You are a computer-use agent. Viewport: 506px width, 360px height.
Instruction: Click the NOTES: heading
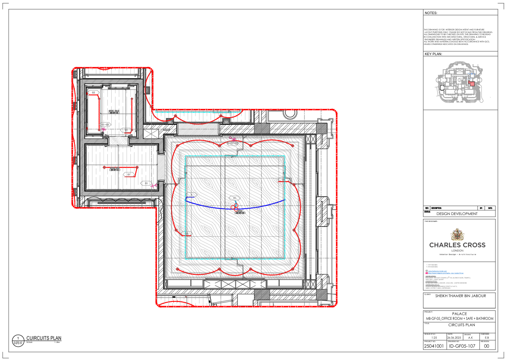(431, 13)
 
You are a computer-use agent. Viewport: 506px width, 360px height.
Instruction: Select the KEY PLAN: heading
(433, 54)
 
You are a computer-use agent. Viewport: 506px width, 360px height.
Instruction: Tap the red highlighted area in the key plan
(471, 84)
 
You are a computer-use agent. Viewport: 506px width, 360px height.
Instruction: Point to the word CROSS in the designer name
(474, 245)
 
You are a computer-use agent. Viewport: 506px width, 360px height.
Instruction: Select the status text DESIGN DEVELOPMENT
(457, 214)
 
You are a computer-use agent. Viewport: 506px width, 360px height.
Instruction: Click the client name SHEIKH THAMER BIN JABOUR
(460, 295)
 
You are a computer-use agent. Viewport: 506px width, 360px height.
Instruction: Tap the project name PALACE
(460, 314)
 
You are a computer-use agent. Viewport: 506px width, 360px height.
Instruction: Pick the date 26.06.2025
(453, 337)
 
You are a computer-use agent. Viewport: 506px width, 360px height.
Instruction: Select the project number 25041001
(434, 346)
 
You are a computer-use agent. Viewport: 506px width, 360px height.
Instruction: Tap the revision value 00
(486, 346)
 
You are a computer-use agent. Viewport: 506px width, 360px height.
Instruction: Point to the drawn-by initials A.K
(470, 337)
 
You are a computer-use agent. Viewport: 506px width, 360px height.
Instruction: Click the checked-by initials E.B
(487, 337)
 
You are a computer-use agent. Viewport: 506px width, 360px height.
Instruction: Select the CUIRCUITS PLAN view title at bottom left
(44, 338)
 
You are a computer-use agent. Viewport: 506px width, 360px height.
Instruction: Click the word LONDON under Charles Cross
(457, 251)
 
